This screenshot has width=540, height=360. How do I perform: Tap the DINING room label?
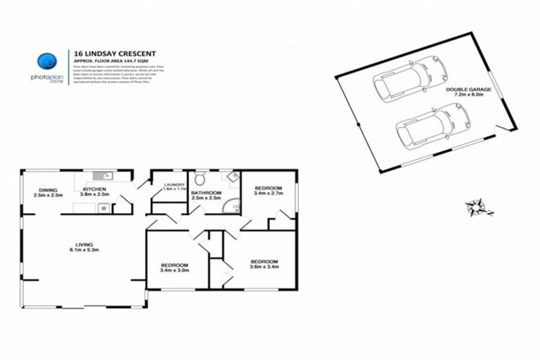coord(48,189)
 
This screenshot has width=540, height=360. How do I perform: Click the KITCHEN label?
coord(94,189)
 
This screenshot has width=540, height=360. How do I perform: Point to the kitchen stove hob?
coord(103,208)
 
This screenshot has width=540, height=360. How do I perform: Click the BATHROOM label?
coord(205,193)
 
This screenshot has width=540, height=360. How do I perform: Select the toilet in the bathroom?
coord(201,176)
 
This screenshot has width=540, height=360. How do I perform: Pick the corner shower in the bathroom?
coord(233,206)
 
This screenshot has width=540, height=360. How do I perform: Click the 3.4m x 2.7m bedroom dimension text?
coord(268,193)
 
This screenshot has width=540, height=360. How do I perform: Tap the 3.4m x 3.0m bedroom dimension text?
coord(175,269)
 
